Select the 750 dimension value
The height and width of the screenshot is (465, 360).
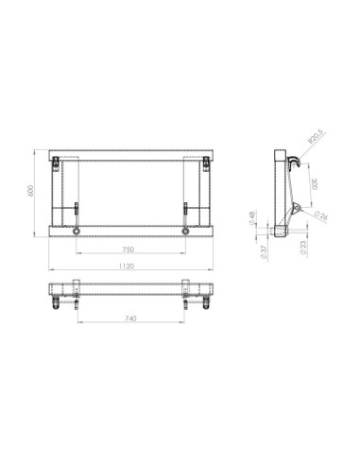coord(130,250)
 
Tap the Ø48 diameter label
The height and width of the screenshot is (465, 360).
coord(252,219)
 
